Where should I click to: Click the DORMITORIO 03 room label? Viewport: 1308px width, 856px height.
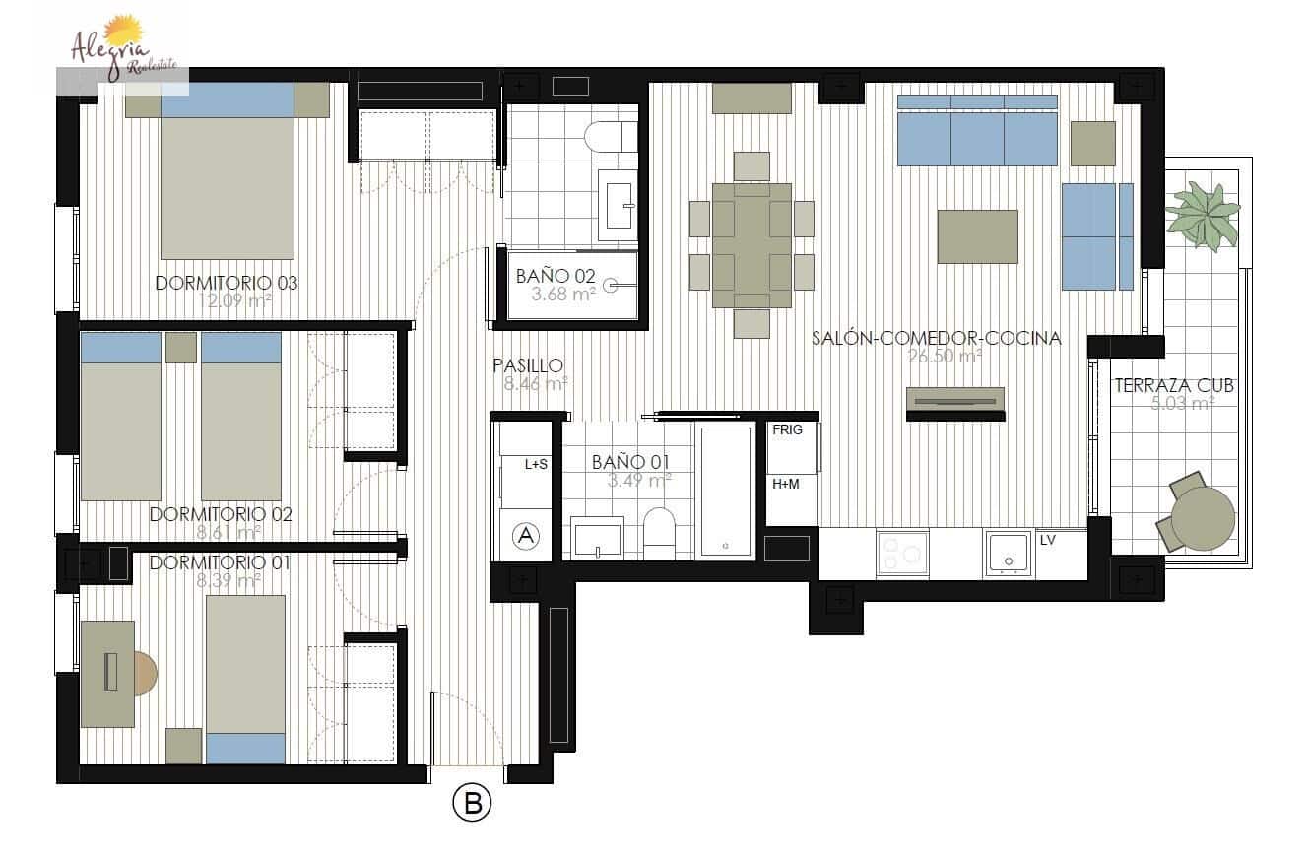(227, 284)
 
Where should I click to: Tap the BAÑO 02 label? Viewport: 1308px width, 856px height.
(556, 277)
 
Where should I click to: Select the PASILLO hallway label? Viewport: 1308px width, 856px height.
(528, 366)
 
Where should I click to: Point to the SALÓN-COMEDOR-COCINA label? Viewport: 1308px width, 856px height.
(936, 338)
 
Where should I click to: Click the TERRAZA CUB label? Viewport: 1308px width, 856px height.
(1174, 386)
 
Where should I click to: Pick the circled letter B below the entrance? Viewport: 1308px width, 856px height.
(472, 804)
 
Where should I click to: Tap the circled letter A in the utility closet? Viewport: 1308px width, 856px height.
(527, 536)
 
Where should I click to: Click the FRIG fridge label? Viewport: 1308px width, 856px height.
(787, 430)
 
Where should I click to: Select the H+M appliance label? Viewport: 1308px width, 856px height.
(785, 484)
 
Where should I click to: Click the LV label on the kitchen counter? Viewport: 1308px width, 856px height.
(1047, 540)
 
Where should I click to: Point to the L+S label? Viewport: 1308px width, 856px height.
(536, 465)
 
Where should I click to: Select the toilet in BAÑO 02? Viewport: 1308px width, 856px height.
(611, 137)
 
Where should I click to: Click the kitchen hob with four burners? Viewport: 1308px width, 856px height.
(902, 554)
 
